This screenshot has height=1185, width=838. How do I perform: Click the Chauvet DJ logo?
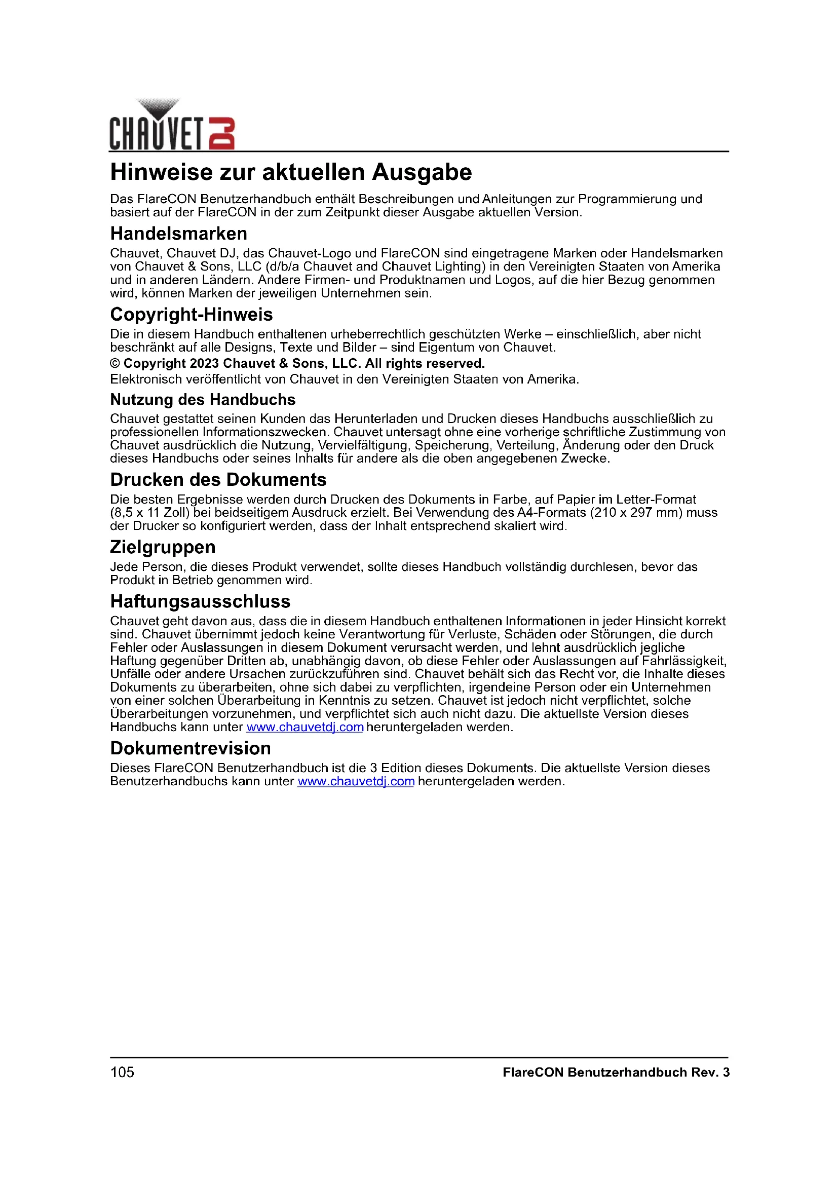point(172,126)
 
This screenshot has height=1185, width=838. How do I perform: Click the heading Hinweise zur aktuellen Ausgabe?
point(290,172)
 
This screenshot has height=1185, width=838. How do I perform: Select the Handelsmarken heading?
point(178,234)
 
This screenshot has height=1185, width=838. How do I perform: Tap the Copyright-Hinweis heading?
point(191,315)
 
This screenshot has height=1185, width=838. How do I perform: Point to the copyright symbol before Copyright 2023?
point(115,364)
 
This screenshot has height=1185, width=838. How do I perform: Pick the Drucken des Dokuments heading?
point(218,480)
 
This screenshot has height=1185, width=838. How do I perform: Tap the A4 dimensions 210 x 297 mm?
point(641,513)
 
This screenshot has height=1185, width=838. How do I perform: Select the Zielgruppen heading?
point(163,547)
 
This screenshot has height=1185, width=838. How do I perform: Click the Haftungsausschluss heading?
point(200,601)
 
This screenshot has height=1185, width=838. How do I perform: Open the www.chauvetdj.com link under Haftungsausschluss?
point(304,727)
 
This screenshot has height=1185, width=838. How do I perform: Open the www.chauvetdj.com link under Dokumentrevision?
point(356,781)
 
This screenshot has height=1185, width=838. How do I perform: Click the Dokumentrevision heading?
point(190,748)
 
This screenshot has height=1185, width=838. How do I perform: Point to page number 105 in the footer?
point(122,1073)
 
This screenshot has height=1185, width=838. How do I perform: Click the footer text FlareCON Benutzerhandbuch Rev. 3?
point(616,1073)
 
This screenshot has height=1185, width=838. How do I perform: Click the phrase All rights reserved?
point(425,364)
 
